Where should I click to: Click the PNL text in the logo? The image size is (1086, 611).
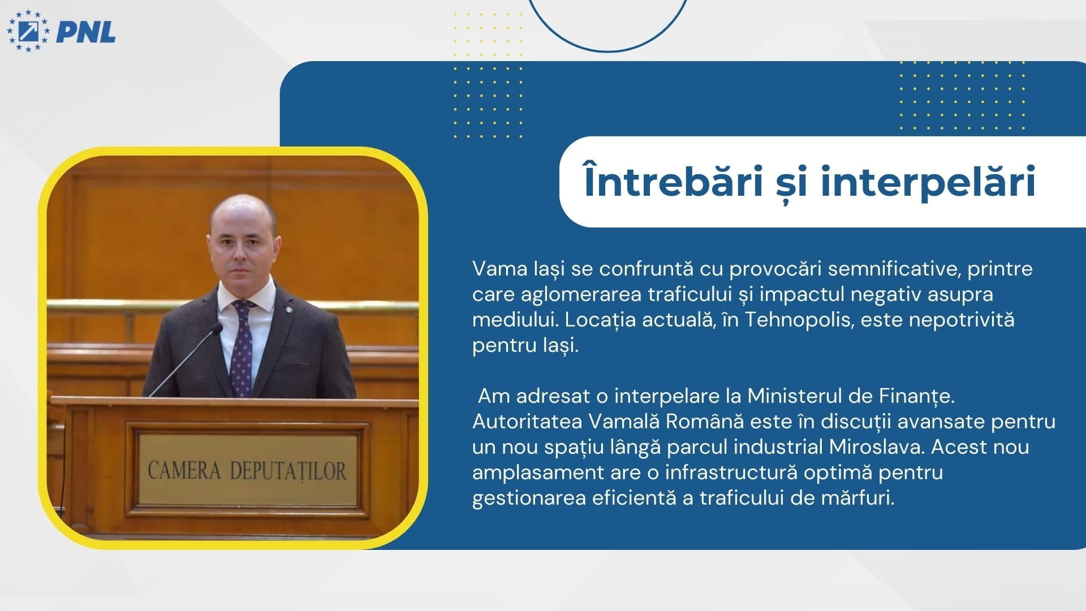click(x=86, y=32)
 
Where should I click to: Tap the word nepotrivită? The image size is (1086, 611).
click(x=962, y=320)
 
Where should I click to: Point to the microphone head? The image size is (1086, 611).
click(x=216, y=329)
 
